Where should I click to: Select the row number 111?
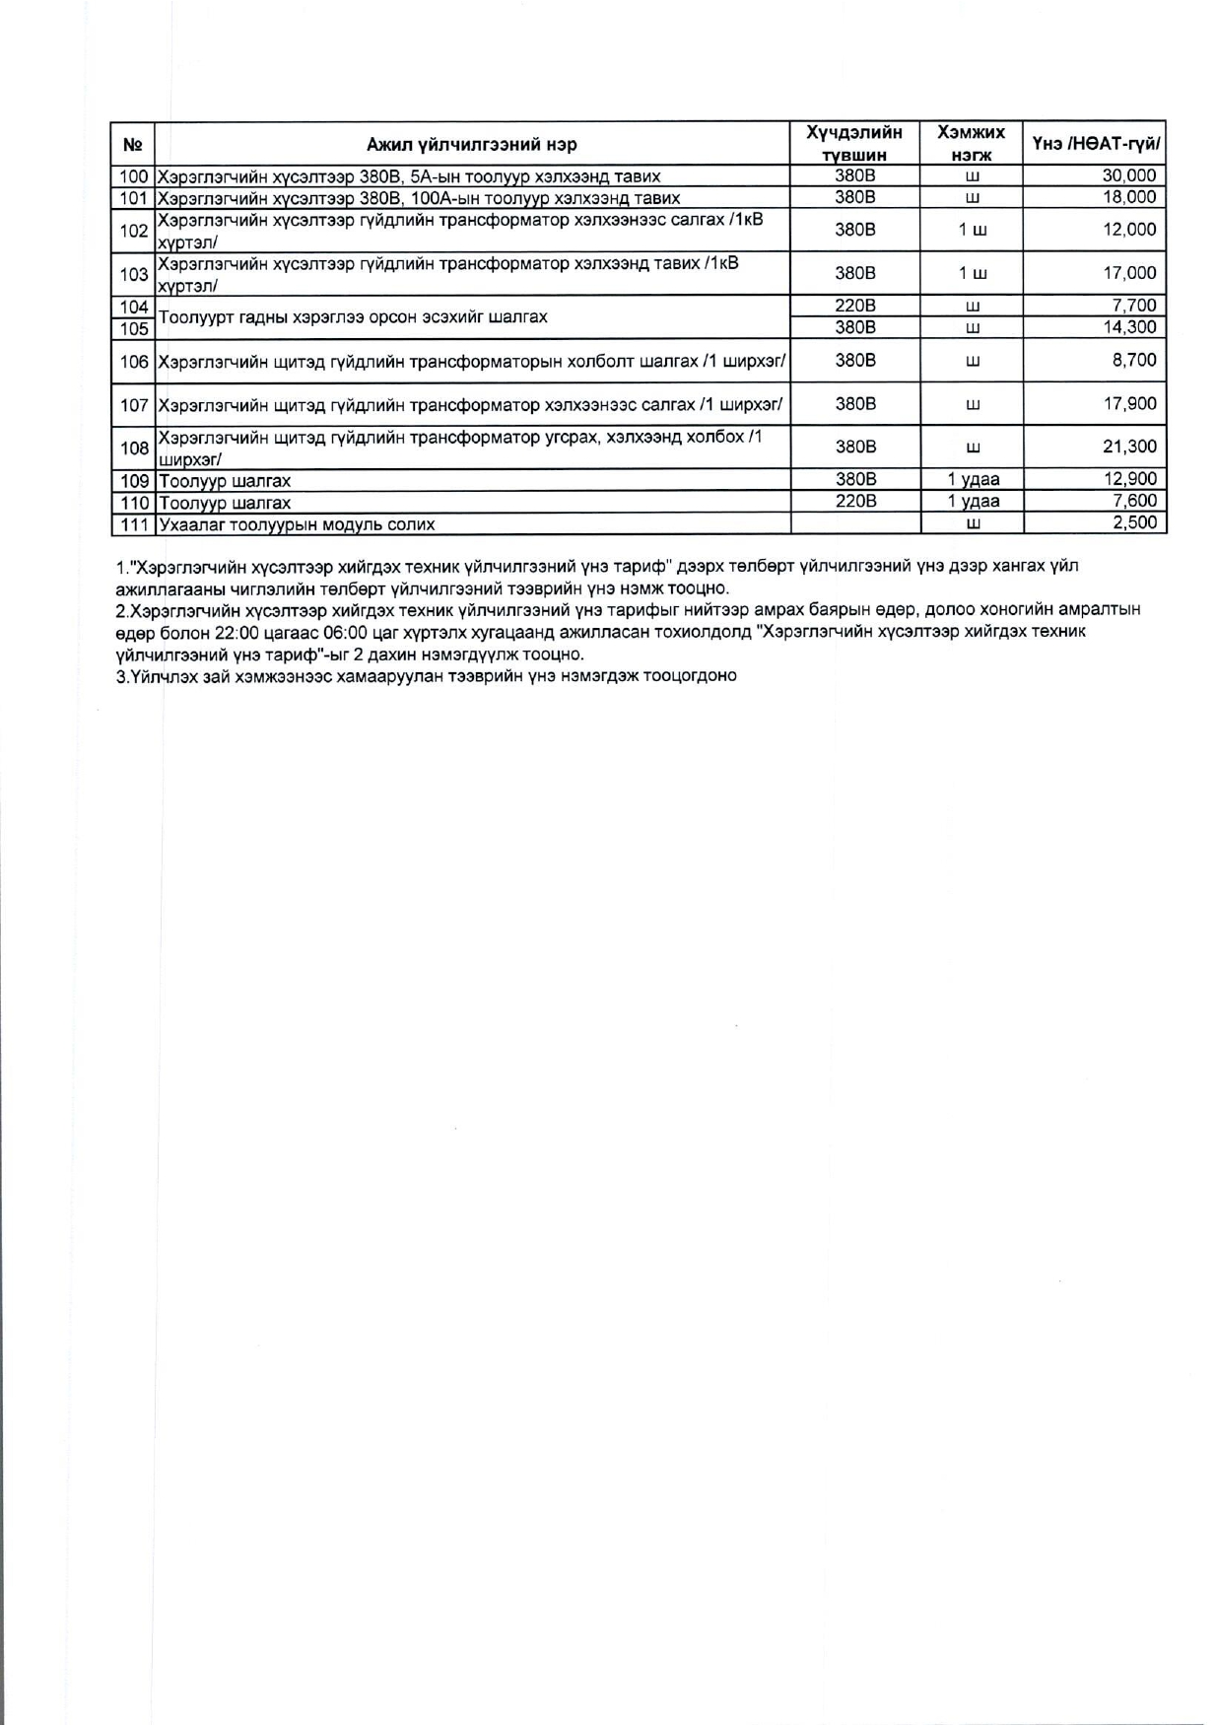(133, 523)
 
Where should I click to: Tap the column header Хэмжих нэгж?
(971, 144)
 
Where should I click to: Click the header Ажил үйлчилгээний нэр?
(472, 145)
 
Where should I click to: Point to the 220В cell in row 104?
(854, 306)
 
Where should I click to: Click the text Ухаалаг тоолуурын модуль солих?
(297, 524)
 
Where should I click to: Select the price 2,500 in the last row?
(1134, 522)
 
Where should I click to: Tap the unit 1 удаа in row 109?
(972, 480)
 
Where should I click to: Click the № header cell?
(133, 145)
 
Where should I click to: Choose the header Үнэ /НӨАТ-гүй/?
(1095, 145)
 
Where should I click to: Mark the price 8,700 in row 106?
(1133, 361)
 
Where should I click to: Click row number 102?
(133, 230)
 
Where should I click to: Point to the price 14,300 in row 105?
(1128, 327)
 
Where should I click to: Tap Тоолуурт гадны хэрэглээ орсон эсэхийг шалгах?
(353, 317)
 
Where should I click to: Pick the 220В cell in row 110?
(854, 502)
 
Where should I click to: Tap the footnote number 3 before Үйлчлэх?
(120, 676)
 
